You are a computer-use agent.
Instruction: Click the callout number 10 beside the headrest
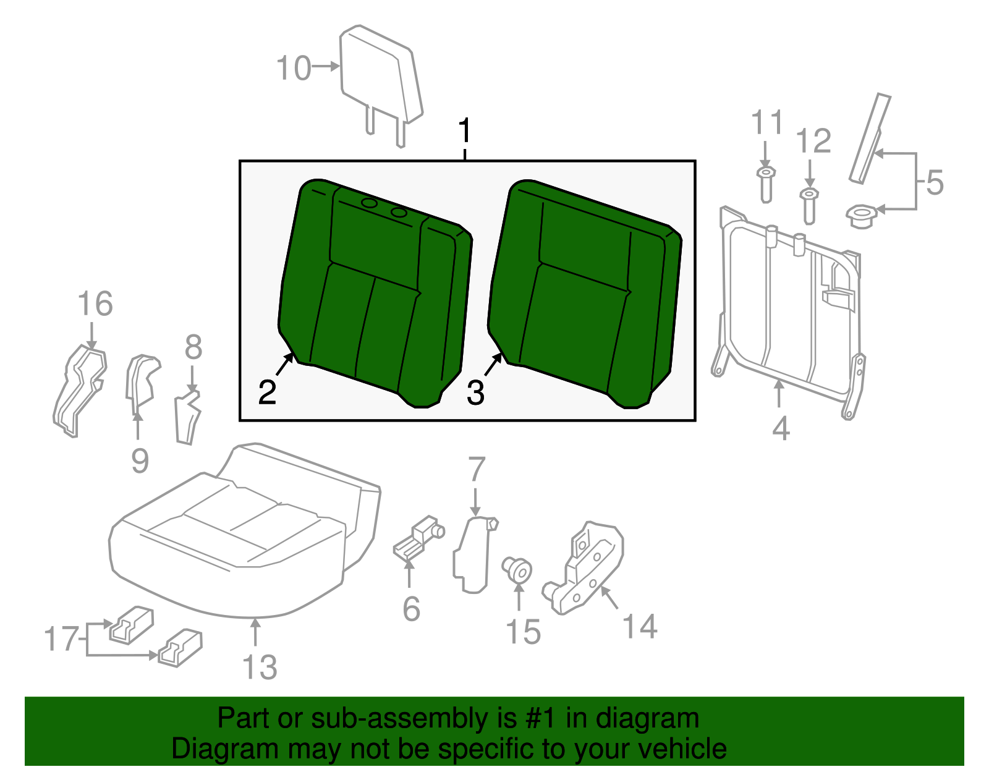point(293,68)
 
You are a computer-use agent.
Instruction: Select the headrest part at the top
point(380,77)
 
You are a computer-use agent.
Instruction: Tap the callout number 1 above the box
point(465,131)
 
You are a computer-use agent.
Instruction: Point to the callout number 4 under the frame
point(781,428)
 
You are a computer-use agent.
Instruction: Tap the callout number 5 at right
point(935,184)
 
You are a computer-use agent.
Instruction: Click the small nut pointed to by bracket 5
point(860,216)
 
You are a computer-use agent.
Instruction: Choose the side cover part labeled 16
point(80,389)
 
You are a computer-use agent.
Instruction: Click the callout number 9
point(140,460)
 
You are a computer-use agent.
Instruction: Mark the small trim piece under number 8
point(187,417)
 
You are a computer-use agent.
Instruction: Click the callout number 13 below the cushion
point(260,667)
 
